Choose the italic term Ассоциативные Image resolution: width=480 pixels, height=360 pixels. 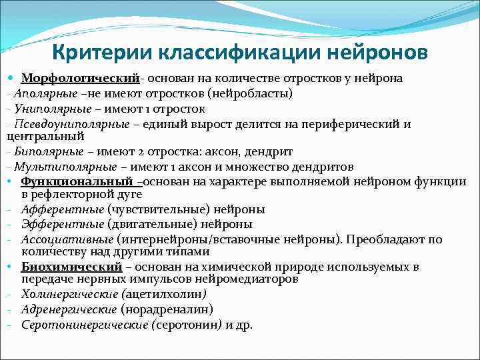point(67,239)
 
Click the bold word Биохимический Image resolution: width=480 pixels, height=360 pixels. point(71,267)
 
